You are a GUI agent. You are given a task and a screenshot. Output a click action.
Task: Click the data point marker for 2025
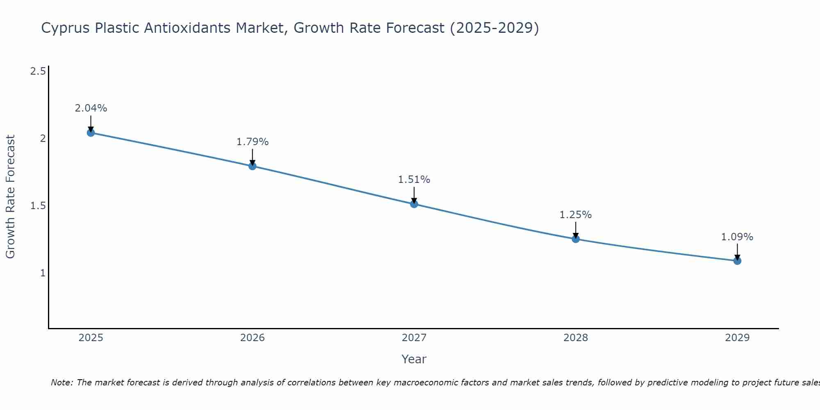click(91, 133)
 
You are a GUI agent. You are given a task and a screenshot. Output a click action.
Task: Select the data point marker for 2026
click(253, 166)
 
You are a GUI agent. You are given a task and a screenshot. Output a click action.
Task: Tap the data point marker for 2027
click(414, 204)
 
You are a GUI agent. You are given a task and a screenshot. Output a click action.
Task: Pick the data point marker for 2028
click(576, 239)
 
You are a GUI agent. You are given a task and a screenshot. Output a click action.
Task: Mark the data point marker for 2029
click(737, 261)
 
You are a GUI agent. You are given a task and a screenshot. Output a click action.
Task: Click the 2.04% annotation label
click(91, 108)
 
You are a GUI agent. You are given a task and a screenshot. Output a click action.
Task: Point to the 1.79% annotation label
click(253, 142)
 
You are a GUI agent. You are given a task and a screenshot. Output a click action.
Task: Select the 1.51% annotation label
click(414, 180)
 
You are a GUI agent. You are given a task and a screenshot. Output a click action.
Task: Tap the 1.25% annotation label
click(576, 215)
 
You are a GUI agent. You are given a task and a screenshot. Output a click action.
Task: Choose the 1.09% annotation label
click(737, 237)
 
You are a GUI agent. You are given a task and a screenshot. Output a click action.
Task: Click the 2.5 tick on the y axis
click(38, 71)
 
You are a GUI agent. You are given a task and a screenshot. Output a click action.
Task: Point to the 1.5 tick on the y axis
click(38, 206)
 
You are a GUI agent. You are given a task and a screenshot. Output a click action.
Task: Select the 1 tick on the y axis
click(43, 273)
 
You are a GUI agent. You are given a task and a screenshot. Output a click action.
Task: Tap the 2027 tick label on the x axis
click(414, 338)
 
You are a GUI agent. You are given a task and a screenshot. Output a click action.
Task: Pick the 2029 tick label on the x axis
click(737, 338)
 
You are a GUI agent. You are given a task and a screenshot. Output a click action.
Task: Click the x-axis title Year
click(414, 359)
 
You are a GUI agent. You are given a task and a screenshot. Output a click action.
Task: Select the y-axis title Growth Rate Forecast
click(10, 197)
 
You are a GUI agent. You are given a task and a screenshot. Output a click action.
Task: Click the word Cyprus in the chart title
click(66, 28)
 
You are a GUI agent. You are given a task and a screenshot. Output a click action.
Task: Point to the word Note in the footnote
click(61, 383)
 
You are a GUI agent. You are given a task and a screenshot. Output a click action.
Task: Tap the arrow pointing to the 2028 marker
click(576, 230)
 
